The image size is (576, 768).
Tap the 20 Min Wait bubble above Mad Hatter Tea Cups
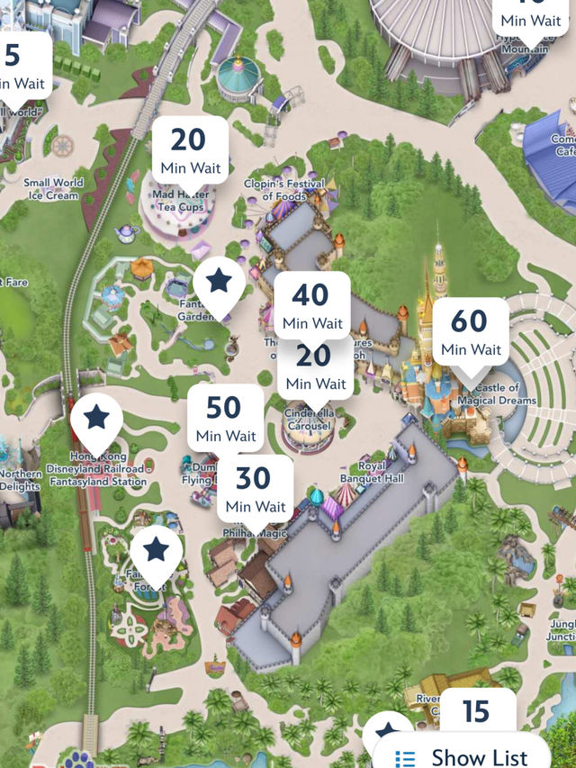188,150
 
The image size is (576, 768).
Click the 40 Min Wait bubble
312,304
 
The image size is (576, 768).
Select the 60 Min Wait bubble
471,330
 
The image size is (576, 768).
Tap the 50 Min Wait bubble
225,417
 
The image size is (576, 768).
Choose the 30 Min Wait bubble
256,488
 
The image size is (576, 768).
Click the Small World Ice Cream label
53,188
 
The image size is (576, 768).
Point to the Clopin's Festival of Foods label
281,190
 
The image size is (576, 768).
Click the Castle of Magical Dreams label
497,393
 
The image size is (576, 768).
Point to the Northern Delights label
20,480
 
